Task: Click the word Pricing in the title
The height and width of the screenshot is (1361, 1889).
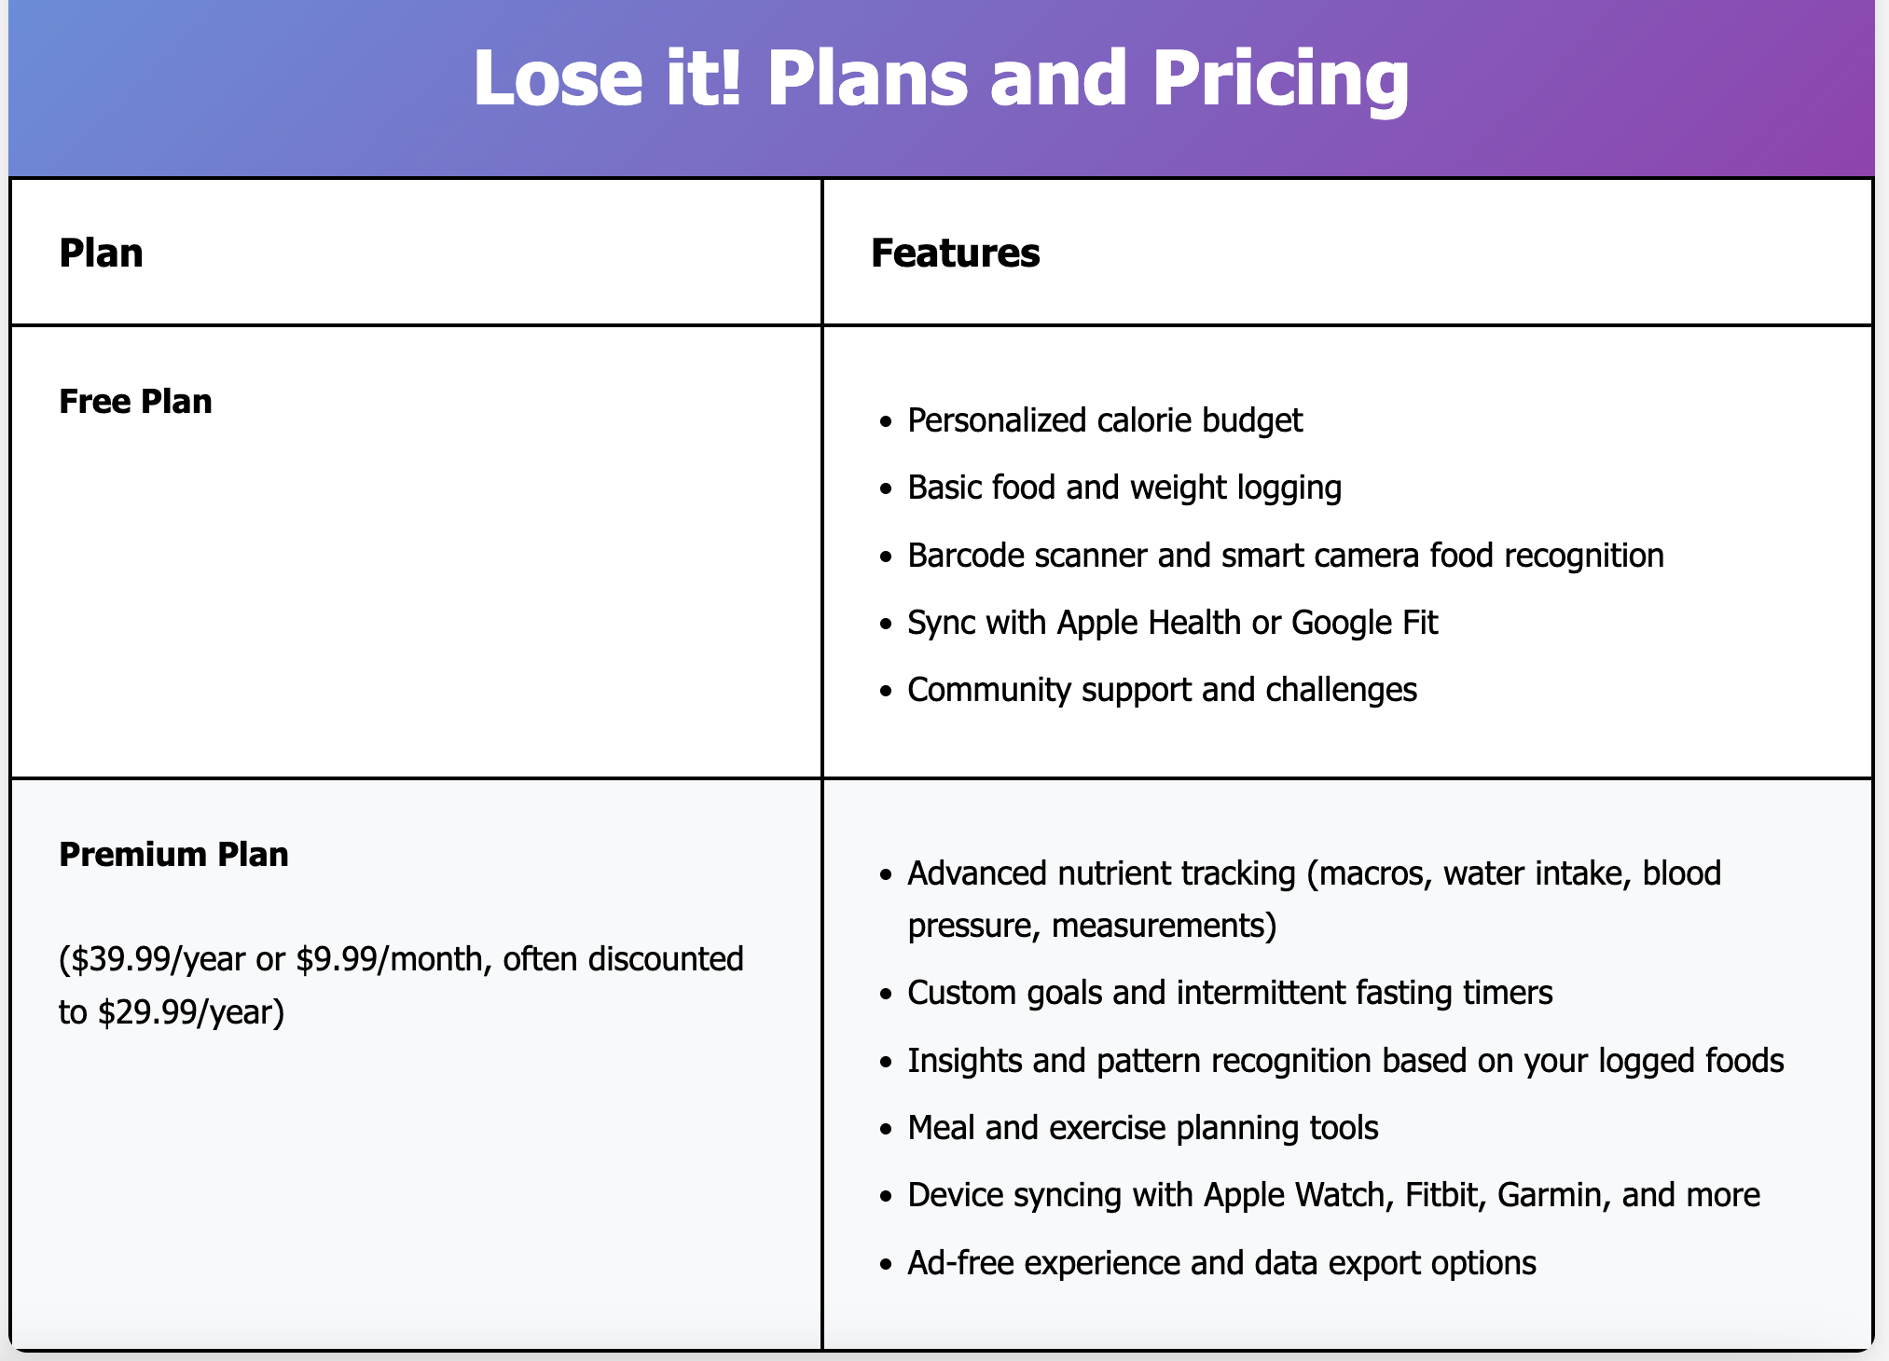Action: pyautogui.click(x=1281, y=79)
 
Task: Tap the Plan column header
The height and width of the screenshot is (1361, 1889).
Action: pyautogui.click(x=101, y=254)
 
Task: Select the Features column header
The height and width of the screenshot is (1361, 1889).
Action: pyautogui.click(x=955, y=254)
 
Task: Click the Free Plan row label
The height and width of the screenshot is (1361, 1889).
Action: pyautogui.click(x=135, y=402)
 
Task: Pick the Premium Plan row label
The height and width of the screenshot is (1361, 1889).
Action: pyautogui.click(x=173, y=855)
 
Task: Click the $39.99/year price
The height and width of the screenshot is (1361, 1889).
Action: pyautogui.click(x=158, y=959)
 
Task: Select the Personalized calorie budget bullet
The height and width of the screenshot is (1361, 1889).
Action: pyautogui.click(x=1105, y=421)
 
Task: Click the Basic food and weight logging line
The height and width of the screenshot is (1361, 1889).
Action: pyautogui.click(x=1124, y=488)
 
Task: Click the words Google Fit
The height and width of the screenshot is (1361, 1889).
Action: pyautogui.click(x=1364, y=623)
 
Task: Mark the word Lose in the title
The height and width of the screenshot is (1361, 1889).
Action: pyautogui.click(x=558, y=79)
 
